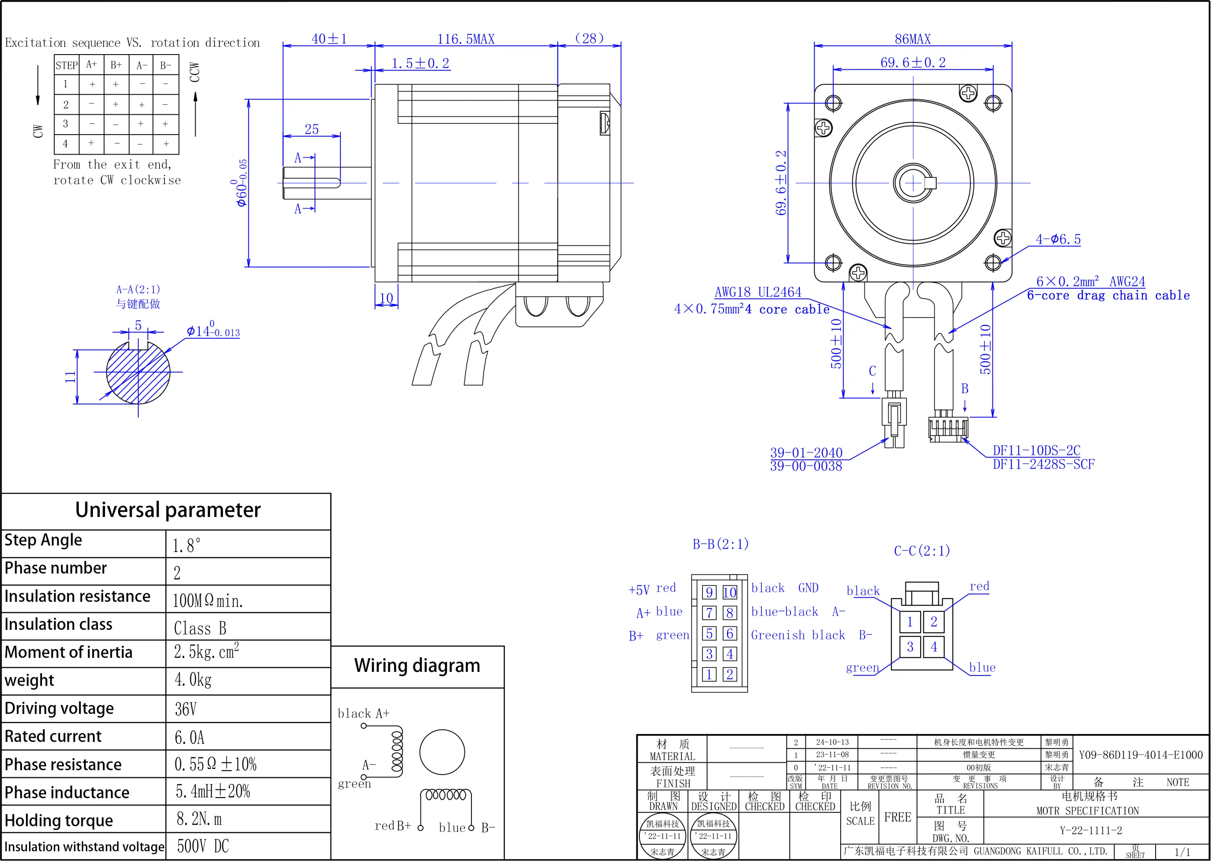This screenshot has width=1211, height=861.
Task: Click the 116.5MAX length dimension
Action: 465,39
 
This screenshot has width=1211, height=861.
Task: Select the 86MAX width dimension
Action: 912,39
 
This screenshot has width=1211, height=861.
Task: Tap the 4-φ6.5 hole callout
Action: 1058,240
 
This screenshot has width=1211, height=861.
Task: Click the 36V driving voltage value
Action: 185,709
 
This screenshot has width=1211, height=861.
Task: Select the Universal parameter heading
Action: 168,510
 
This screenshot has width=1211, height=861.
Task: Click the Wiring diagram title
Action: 417,666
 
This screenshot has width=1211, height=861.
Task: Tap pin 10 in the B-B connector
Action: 730,592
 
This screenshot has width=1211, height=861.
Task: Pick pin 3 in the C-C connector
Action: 910,647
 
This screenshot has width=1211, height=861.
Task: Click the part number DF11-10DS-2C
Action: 1036,450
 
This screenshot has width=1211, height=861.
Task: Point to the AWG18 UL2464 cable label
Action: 757,292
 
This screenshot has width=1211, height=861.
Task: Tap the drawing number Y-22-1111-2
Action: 1091,831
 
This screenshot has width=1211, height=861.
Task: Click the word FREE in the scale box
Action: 897,817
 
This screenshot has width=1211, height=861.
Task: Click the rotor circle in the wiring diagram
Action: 442,752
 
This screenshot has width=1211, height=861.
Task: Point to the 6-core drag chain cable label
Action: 1108,296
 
